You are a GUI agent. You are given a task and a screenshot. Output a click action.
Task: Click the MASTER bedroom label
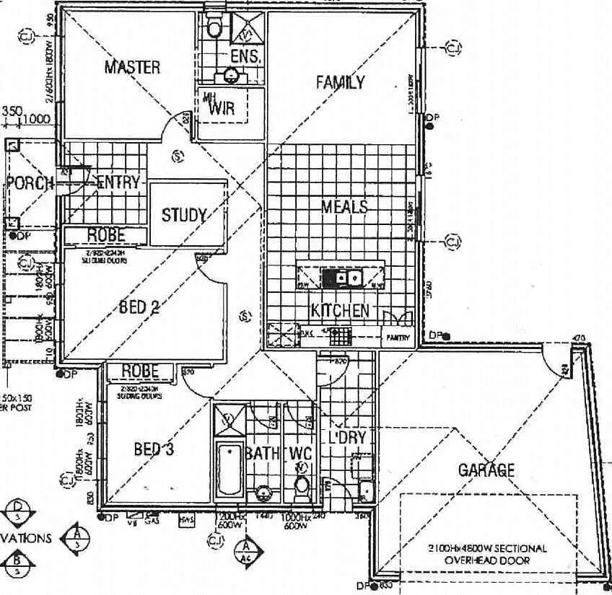[x=132, y=67]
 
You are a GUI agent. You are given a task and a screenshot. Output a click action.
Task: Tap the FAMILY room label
[x=340, y=82]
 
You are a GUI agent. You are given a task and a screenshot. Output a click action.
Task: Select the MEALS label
[x=344, y=207]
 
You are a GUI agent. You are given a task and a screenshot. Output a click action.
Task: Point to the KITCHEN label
[x=340, y=311]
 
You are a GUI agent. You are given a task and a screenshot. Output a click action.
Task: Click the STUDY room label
[x=184, y=215]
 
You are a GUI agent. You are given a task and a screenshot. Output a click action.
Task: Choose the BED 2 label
[x=139, y=307]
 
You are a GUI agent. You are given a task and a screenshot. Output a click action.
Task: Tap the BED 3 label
[x=154, y=449]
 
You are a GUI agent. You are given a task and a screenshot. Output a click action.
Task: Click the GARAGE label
[x=486, y=470]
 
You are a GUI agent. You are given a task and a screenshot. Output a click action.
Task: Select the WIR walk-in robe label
[x=221, y=110]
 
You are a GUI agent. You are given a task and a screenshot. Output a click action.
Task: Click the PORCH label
[x=29, y=182]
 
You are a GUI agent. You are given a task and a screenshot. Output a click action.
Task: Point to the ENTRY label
[x=118, y=182]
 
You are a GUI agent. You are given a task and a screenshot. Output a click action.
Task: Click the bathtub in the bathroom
[x=229, y=468]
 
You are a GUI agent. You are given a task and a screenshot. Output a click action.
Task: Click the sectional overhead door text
[x=487, y=554]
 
